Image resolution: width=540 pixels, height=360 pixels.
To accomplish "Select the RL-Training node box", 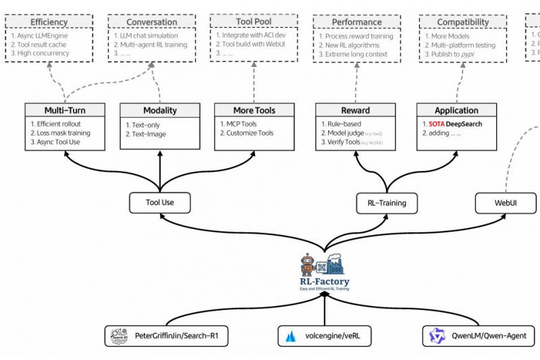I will point(387,201).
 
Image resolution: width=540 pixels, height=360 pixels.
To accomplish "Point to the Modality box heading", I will point(160,110).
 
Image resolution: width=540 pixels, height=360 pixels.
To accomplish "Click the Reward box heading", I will point(355,110).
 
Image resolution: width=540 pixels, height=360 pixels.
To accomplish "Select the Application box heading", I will point(456,110).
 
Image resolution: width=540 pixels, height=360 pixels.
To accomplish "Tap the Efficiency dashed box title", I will point(49,22).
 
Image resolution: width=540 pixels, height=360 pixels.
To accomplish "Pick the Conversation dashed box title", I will point(147,22).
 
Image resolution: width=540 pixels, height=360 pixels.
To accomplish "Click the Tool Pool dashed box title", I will point(254,22).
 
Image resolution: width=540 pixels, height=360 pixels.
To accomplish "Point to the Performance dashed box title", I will point(356,22).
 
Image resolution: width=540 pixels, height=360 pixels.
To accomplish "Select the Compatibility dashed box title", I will point(462,22).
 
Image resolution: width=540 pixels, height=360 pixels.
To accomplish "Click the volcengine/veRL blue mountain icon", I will point(292,336).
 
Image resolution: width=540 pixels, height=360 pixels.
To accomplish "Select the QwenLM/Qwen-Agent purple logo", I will point(434,335).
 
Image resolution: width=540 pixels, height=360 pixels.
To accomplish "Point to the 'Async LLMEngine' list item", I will point(44,35).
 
